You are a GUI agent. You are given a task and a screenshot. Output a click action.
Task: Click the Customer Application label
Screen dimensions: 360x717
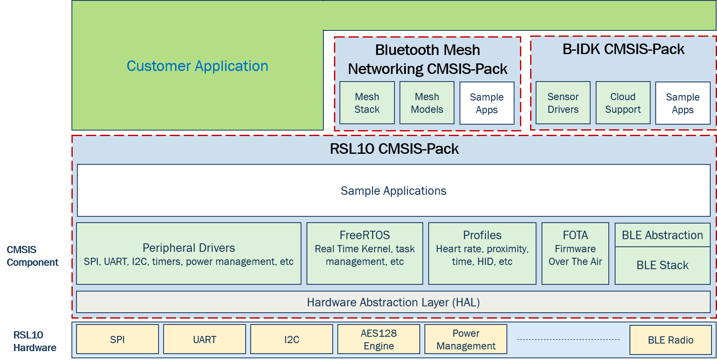(x=197, y=66)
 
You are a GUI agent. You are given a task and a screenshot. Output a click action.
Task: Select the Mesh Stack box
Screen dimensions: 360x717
(x=367, y=103)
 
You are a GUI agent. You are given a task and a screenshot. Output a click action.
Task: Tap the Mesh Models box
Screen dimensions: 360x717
(x=427, y=103)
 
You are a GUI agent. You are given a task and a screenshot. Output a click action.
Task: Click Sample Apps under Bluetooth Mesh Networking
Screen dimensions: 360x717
(x=487, y=104)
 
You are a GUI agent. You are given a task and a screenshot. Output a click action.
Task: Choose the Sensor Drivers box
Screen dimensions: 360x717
(x=563, y=103)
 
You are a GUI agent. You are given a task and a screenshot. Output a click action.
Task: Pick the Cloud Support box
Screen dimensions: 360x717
(x=623, y=103)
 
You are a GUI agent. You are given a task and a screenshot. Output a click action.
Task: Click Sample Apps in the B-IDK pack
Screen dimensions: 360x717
(x=683, y=104)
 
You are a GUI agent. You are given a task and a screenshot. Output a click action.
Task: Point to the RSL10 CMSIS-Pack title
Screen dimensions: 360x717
(x=394, y=149)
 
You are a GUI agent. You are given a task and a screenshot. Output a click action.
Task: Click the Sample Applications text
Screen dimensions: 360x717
(x=394, y=191)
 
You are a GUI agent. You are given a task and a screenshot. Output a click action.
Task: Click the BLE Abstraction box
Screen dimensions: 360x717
(x=662, y=235)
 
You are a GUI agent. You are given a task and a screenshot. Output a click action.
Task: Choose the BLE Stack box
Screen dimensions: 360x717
(x=662, y=265)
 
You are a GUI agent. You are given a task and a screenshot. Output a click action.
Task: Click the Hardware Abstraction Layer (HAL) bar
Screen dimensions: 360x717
(x=393, y=303)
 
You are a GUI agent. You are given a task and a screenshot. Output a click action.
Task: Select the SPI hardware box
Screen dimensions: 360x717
(x=118, y=339)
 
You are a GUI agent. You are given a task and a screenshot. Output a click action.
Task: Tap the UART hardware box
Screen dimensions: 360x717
(x=205, y=339)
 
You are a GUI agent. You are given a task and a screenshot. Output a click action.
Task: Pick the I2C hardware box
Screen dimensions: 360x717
(x=292, y=339)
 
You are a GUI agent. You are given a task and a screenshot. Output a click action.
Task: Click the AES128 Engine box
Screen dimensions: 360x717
(x=379, y=339)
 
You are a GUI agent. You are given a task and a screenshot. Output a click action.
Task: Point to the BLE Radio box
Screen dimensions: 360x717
(x=670, y=340)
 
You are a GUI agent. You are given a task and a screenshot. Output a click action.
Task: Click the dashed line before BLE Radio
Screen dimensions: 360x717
(x=568, y=339)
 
